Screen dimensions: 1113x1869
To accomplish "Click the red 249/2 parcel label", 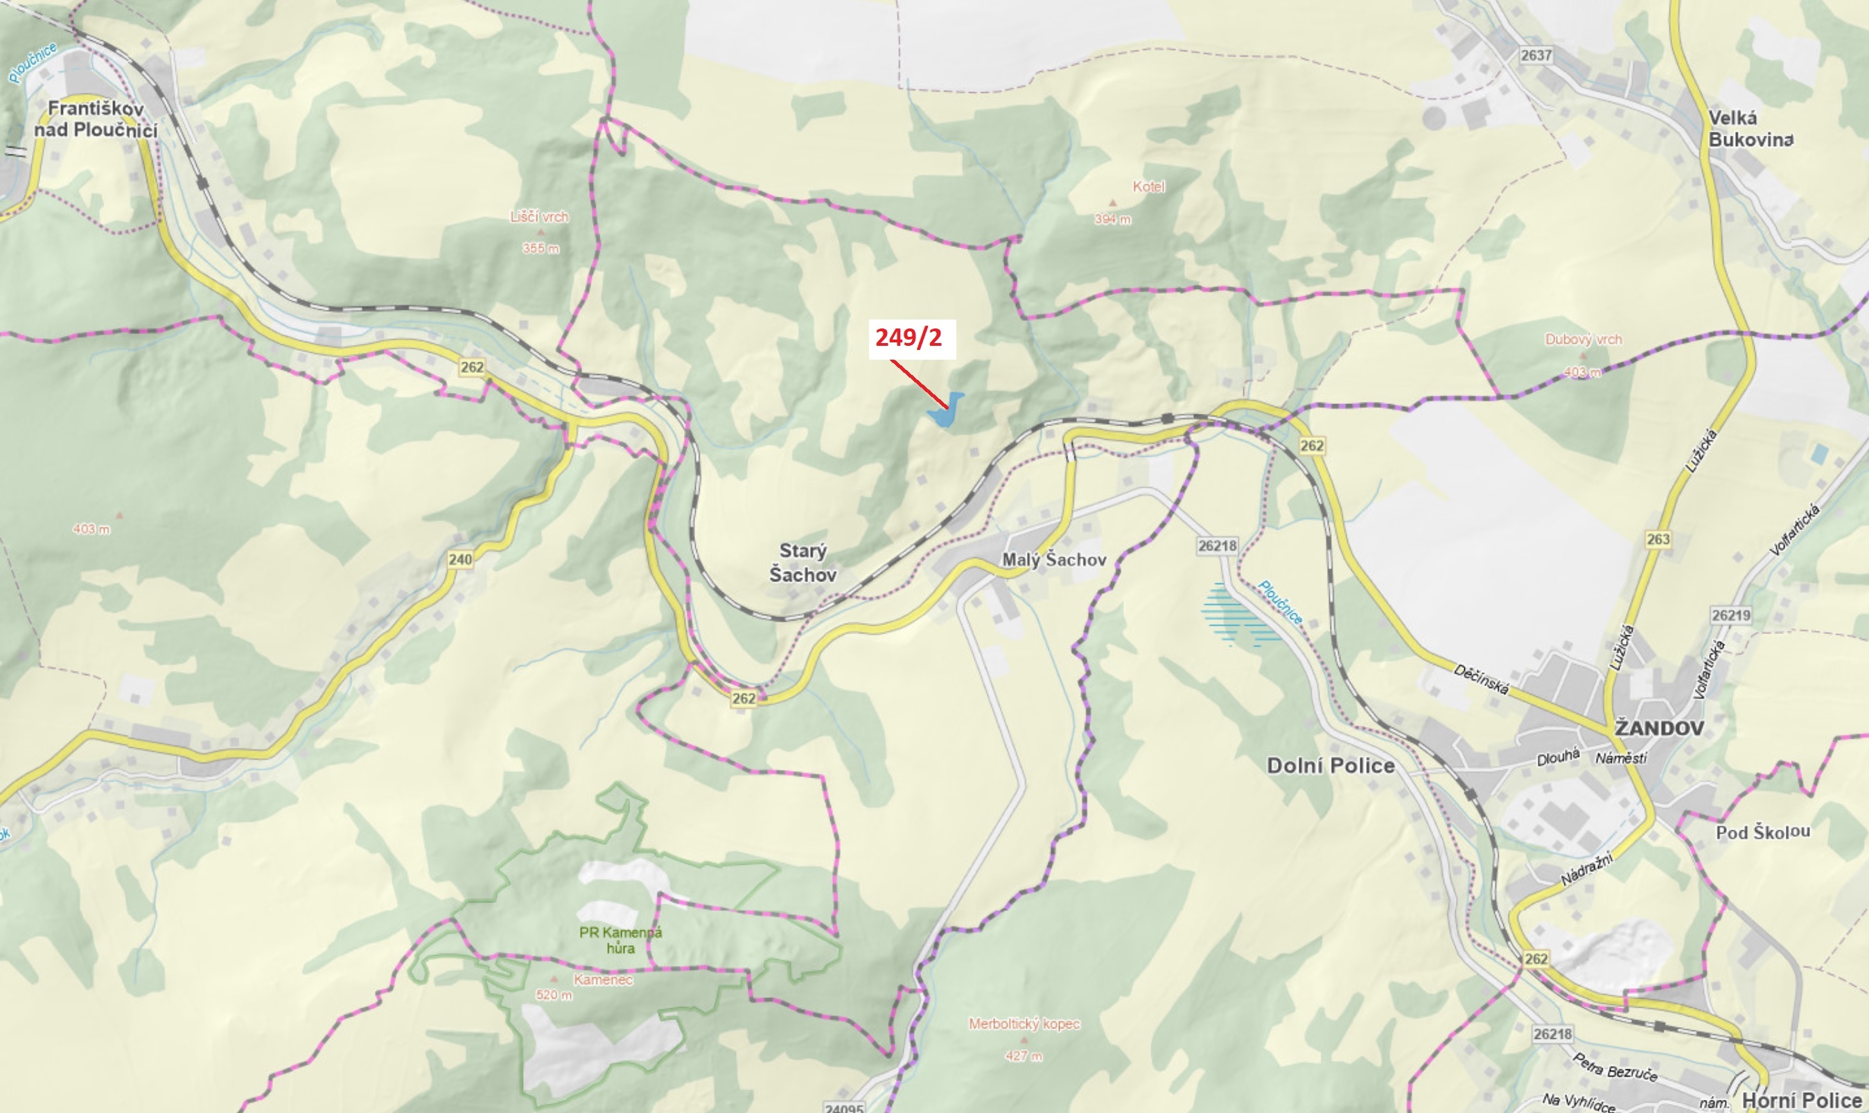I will [x=909, y=338].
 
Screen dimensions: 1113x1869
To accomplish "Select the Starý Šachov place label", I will [x=802, y=563].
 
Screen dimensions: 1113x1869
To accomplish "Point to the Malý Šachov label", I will [x=1054, y=559].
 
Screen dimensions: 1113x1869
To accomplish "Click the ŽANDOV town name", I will [x=1659, y=728].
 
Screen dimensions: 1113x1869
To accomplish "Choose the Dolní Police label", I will [x=1331, y=766].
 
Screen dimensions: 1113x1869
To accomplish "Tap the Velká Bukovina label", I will [x=1750, y=128].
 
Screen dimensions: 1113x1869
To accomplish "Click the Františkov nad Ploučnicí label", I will [x=96, y=119].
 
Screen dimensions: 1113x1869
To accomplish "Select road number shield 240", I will [x=461, y=559].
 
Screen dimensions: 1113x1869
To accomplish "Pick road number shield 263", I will [x=1658, y=539].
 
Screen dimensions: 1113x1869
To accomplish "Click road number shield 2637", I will [x=1536, y=55].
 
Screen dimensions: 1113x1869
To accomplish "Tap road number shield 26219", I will [x=1731, y=615].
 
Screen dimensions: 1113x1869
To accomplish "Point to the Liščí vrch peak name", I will [x=539, y=218].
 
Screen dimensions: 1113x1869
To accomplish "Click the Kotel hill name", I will [x=1148, y=186].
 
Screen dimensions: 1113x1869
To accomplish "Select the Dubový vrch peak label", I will [x=1583, y=340].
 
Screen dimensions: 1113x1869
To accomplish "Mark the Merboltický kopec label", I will [x=1024, y=1024].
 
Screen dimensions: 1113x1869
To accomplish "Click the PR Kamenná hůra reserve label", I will [x=620, y=940].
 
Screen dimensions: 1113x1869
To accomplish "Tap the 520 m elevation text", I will [x=554, y=995].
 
